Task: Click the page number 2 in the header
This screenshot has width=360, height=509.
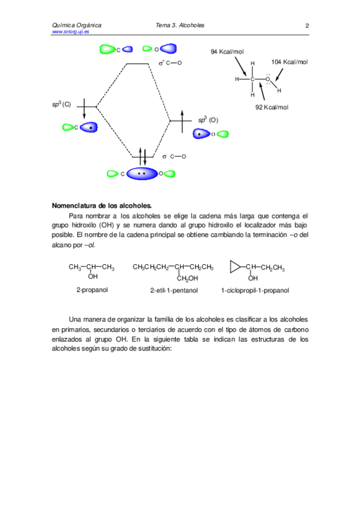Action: coord(307,26)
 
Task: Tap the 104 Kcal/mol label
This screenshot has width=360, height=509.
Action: coord(289,62)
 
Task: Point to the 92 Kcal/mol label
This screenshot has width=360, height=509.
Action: coord(272,107)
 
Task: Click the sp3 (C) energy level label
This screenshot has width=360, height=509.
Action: coord(61,104)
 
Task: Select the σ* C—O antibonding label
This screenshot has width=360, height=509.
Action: coord(170,62)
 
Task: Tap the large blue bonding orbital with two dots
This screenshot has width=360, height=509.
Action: coord(142,173)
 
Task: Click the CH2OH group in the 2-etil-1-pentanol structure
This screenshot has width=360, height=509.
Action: coord(188,278)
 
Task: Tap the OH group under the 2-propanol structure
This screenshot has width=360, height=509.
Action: coord(92,277)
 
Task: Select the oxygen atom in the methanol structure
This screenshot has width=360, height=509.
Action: coord(268,79)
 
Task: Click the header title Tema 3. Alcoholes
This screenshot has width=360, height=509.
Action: coord(180,26)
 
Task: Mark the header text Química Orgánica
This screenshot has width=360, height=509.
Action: coord(77,26)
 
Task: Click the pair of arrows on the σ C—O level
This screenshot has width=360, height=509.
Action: coord(143,155)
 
